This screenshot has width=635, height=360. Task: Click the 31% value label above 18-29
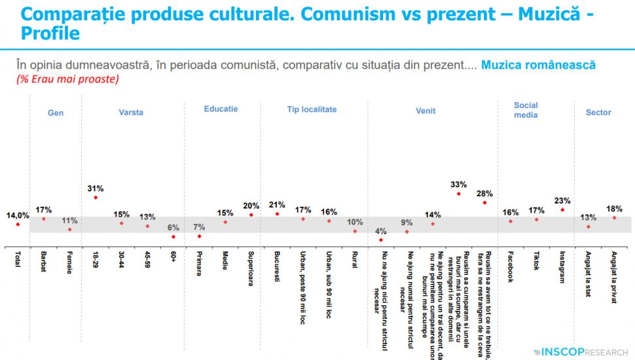[x=96, y=189]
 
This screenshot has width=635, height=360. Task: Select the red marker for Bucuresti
[x=277, y=213]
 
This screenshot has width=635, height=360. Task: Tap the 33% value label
[x=458, y=184]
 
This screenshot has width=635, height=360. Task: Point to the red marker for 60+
[x=173, y=236]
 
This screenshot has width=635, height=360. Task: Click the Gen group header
[x=56, y=113]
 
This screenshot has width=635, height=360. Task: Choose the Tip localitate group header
[x=312, y=109]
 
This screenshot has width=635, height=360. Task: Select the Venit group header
[x=426, y=111]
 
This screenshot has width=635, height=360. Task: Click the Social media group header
[x=526, y=110]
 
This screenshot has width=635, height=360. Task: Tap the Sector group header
[x=598, y=113]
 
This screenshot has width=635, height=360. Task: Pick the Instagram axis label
[x=562, y=267]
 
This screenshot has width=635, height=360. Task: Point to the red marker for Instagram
[x=562, y=209]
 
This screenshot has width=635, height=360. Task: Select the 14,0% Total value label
[x=18, y=215]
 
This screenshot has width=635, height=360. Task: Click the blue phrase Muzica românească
[x=537, y=65]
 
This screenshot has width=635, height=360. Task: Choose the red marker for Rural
[x=355, y=230]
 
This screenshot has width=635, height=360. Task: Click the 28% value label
[x=484, y=194]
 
